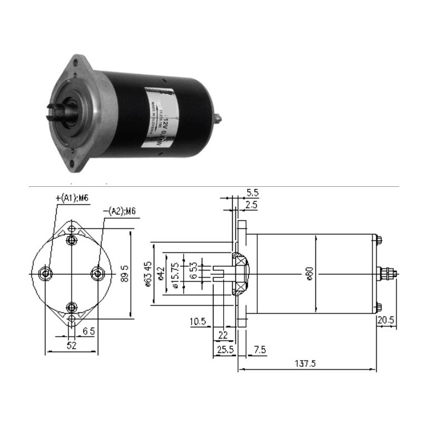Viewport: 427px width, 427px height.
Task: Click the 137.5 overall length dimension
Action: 306,363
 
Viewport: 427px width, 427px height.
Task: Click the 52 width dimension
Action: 70,346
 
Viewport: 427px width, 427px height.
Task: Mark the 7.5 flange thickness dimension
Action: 260,350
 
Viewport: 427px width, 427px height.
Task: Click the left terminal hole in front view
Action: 46,273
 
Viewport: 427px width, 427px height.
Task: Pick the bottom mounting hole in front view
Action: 72,306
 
